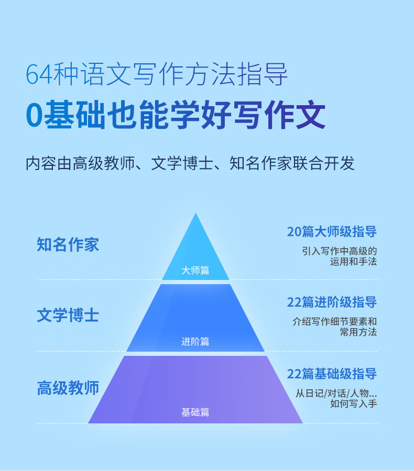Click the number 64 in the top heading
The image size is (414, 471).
[39, 74]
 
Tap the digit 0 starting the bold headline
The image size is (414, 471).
[34, 115]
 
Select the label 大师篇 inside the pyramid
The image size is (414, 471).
[195, 271]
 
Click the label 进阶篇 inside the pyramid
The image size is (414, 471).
[195, 342]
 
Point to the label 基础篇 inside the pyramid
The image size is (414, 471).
[195, 412]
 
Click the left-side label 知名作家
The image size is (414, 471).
[68, 244]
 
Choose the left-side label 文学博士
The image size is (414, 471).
[68, 316]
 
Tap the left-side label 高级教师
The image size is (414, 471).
[68, 388]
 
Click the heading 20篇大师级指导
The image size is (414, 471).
[332, 232]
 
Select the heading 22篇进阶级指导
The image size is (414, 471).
[332, 302]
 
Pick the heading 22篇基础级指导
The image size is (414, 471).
[332, 374]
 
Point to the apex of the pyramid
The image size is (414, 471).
[195, 213]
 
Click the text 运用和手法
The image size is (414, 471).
[353, 262]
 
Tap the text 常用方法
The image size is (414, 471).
[358, 332]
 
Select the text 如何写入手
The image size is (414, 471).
[353, 403]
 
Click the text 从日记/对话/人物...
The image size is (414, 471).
[332, 393]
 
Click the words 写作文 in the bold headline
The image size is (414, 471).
[280, 115]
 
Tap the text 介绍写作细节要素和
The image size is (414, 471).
[334, 322]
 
